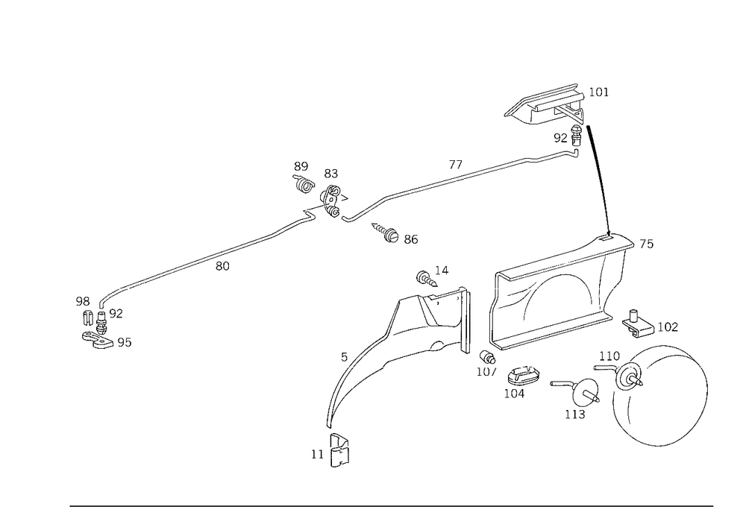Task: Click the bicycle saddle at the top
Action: point(543,105)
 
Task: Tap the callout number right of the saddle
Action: point(602,92)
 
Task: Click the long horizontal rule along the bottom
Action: point(392,505)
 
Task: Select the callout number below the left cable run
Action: point(221,267)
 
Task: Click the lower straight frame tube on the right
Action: point(552,328)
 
